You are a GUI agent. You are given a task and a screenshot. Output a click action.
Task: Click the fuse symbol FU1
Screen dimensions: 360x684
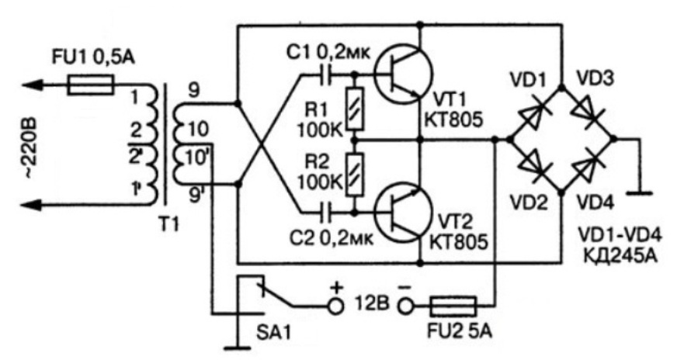[92, 84]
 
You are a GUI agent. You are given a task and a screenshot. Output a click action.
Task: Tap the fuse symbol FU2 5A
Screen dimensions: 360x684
[448, 305]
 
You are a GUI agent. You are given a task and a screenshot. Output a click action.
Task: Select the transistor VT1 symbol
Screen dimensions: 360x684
[401, 75]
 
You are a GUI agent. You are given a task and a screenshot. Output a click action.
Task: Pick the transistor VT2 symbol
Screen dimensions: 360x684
[401, 209]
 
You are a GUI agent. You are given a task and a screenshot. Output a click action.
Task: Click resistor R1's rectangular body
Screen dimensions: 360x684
[354, 108]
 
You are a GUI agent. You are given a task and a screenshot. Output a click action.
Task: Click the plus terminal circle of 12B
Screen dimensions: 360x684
[336, 306]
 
